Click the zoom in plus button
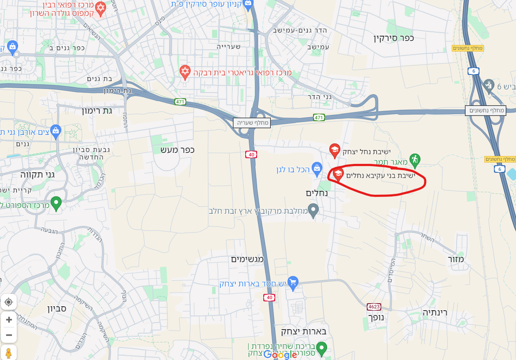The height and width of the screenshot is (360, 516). coord(9,319)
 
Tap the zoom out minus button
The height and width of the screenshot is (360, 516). coord(9,336)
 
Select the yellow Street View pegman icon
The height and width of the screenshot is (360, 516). coord(8,353)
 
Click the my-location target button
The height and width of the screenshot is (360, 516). coord(9,302)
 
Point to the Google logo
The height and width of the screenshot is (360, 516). coord(280,355)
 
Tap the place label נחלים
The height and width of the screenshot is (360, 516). coord(317,193)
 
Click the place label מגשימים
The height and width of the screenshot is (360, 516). coord(247,259)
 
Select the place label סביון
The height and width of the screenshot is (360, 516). coord(57,308)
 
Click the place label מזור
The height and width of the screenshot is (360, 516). coord(456,259)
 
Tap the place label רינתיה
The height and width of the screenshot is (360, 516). coord(435,312)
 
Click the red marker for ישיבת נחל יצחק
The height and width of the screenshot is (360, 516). coord(335,150)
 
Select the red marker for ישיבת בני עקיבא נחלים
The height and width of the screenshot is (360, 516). coord(338,174)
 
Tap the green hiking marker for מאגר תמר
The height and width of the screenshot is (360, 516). coord(414,159)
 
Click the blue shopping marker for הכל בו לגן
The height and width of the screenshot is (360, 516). coord(317,167)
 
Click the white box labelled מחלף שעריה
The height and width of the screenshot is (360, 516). coord(251,123)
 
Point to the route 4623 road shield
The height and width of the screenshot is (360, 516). coord(374,306)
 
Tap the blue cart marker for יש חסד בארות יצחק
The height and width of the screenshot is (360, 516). coord(293,283)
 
